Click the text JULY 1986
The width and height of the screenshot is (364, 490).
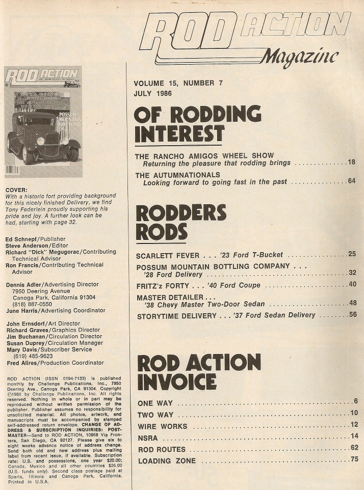click(152, 93)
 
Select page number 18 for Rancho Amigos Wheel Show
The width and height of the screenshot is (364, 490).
click(351, 162)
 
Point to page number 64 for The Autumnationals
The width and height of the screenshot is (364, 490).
click(351, 181)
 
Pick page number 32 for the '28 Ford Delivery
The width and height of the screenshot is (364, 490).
click(351, 274)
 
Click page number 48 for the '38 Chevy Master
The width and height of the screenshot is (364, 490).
click(351, 304)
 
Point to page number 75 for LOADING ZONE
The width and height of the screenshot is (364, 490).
click(354, 460)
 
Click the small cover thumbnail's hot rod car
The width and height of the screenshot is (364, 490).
click(43, 140)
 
